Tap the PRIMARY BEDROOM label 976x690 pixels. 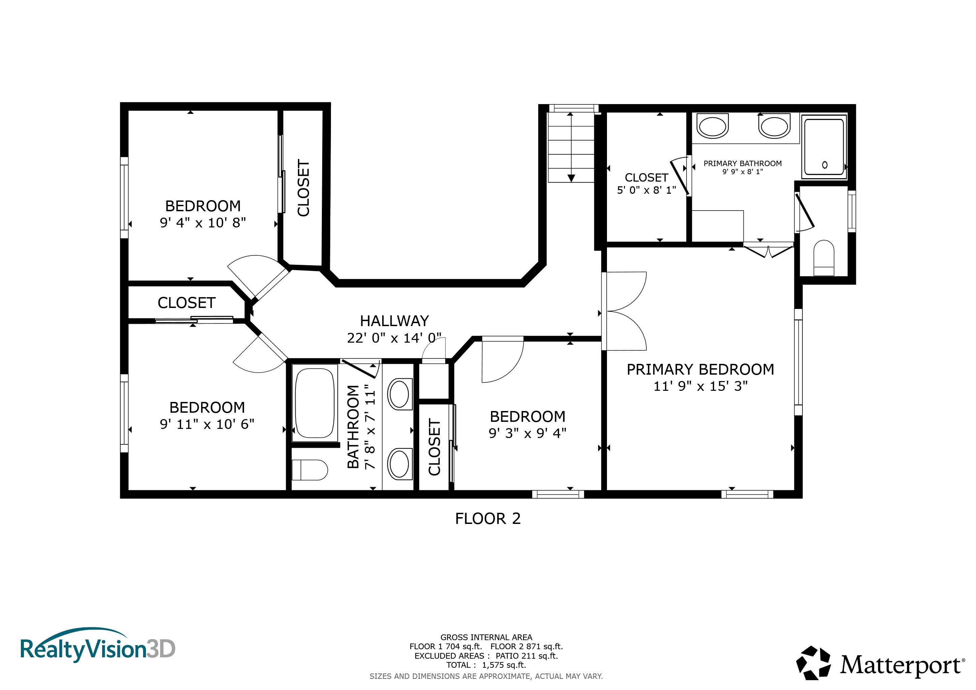[x=700, y=370]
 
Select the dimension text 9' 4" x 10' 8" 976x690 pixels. [x=203, y=223]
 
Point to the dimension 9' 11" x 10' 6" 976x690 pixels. [x=207, y=424]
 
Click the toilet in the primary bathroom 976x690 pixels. [x=824, y=258]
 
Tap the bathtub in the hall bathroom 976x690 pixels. [x=314, y=403]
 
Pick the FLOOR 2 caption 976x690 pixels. [x=488, y=519]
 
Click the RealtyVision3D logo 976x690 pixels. [x=98, y=647]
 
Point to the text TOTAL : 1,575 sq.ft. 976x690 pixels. [x=486, y=665]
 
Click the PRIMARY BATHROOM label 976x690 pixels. [x=743, y=164]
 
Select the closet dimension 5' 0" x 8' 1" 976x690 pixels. [x=646, y=190]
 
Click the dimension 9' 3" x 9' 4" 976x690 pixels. [x=527, y=433]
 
